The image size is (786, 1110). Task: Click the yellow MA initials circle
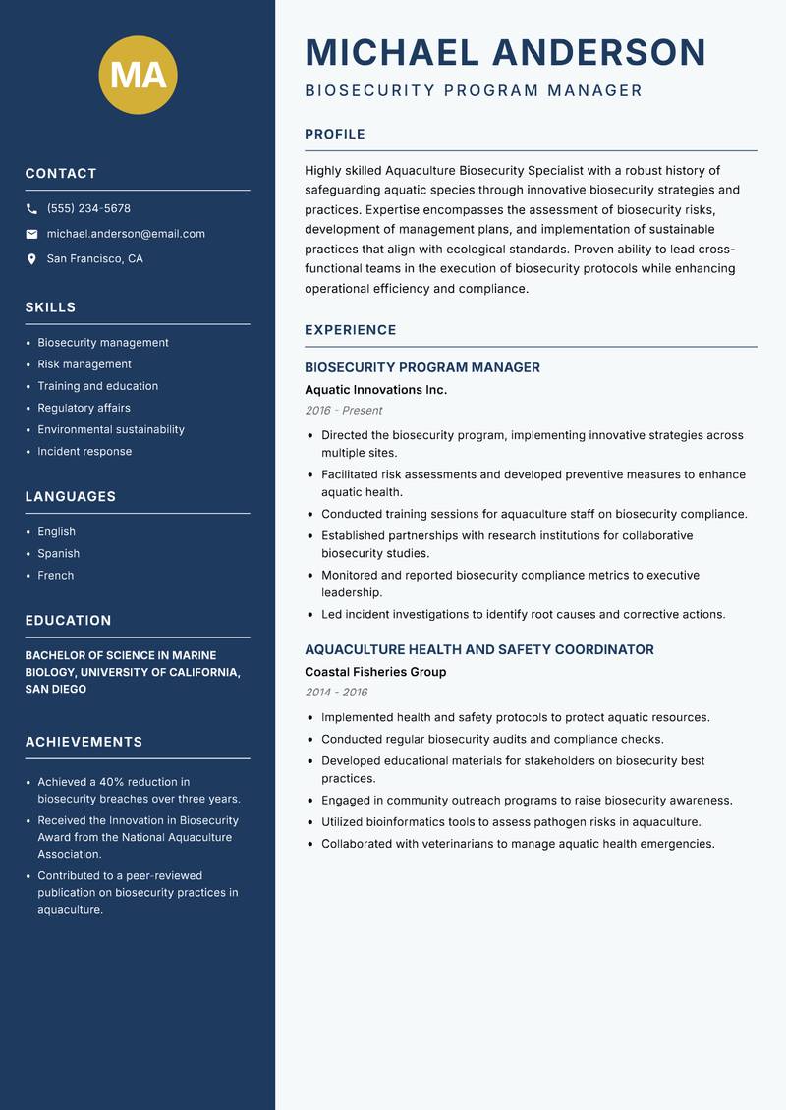139,76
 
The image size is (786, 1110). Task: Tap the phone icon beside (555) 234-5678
31,209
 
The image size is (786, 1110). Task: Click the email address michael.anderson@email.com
126,234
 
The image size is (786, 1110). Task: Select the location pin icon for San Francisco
31,259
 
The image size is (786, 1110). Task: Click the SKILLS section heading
50,307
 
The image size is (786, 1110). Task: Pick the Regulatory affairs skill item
84,408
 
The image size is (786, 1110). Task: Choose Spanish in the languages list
58,553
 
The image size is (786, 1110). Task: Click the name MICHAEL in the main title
392,52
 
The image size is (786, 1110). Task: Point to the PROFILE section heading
334,135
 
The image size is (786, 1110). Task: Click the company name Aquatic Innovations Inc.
375,390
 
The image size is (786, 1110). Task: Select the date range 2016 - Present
343,411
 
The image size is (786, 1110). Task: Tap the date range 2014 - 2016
336,693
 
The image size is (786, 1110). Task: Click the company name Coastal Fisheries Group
375,672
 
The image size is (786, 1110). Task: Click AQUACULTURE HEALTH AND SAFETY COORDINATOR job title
478,649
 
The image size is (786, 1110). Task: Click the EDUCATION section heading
68,621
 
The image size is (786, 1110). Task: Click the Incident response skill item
84,451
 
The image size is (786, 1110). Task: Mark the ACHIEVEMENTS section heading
84,742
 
